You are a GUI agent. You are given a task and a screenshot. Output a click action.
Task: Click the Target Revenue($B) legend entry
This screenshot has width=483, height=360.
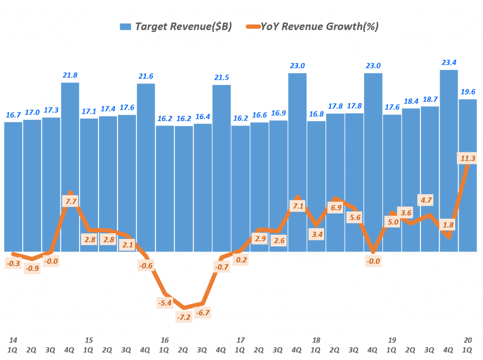175,26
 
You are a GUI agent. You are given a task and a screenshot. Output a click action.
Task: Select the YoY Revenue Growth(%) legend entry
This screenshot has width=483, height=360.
311,26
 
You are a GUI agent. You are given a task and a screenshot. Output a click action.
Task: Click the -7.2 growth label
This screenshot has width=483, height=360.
183,318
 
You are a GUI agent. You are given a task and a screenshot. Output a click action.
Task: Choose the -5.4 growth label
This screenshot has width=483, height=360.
165,303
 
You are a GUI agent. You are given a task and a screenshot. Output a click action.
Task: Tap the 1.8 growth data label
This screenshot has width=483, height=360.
449,225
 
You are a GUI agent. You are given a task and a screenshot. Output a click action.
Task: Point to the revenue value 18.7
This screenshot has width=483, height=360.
430,98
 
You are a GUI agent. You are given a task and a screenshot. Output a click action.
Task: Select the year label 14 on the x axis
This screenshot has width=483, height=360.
13,340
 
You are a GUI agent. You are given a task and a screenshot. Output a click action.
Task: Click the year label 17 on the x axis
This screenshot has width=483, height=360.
241,340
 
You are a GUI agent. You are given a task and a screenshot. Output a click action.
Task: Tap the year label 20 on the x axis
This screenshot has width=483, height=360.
467,340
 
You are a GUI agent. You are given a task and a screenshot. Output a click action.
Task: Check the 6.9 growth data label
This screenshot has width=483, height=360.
335,207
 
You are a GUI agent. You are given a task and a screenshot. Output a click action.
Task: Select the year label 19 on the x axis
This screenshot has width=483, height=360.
392,340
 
